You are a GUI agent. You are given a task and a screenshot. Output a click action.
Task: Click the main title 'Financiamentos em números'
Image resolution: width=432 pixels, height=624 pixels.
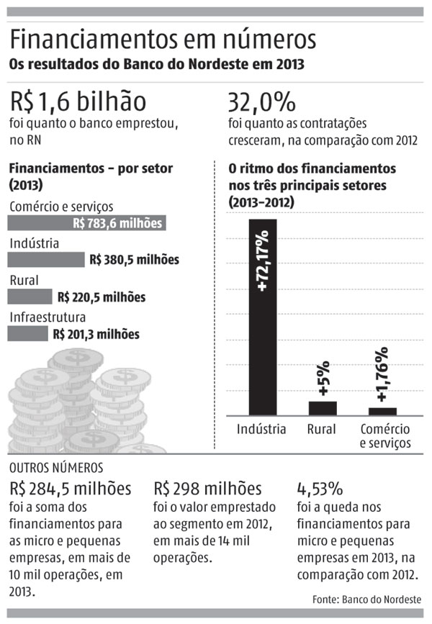[x=163, y=40]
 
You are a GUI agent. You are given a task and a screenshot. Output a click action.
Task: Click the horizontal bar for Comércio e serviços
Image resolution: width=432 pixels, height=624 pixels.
[x=87, y=223]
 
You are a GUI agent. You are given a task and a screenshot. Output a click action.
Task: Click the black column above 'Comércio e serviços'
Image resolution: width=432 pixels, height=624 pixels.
[x=382, y=411]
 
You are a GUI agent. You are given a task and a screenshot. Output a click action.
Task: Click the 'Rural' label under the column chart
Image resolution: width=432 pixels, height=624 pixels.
[x=322, y=430]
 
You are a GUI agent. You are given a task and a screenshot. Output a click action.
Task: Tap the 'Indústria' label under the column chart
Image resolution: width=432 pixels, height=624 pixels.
[x=262, y=430]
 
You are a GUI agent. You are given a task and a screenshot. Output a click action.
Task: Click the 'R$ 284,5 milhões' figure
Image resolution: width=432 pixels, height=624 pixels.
[x=70, y=489]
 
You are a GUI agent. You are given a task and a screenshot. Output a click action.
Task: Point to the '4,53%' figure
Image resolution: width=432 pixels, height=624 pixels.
[x=320, y=489]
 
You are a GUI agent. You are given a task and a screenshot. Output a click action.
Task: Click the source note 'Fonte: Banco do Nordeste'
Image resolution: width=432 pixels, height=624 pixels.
[x=367, y=600]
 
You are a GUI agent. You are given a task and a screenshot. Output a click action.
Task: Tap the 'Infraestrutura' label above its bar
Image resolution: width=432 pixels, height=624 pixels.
[x=48, y=317]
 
